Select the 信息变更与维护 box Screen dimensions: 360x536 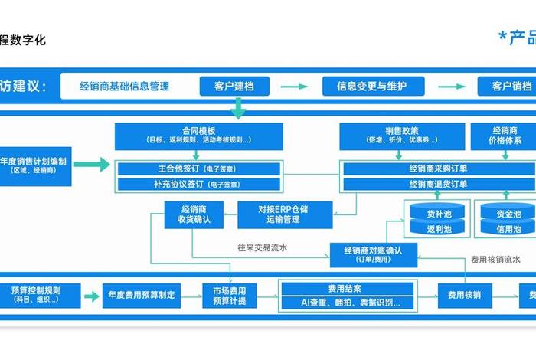[371, 86]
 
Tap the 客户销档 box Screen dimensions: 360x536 [506, 86]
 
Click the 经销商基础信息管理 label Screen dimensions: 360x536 [124, 86]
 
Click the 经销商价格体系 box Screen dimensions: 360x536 [505, 136]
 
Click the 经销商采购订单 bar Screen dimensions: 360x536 [438, 168]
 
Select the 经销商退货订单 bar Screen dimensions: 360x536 [438, 184]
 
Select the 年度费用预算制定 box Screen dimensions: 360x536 [142, 295]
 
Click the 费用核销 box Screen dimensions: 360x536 [463, 295]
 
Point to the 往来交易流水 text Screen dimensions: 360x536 [263, 248]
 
